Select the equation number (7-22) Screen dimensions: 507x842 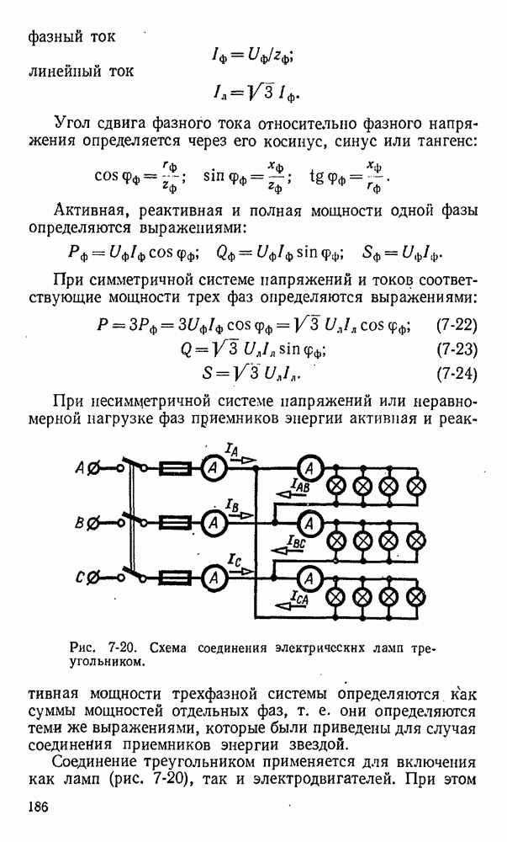[x=457, y=324]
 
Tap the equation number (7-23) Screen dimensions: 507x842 [x=457, y=349]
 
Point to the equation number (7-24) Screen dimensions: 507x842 [x=457, y=373]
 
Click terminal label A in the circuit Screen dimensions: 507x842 [x=80, y=468]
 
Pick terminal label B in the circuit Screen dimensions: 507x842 [x=79, y=522]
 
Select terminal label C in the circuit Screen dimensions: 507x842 [x=79, y=578]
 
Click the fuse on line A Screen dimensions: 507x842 [x=175, y=469]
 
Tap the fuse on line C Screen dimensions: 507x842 [x=175, y=578]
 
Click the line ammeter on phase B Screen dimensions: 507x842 [x=214, y=522]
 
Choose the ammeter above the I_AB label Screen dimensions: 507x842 [x=309, y=469]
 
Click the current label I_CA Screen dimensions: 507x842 [x=299, y=597]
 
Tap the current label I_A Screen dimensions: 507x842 [x=232, y=450]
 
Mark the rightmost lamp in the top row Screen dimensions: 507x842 [x=416, y=487]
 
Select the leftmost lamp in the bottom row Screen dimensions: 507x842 [x=336, y=596]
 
